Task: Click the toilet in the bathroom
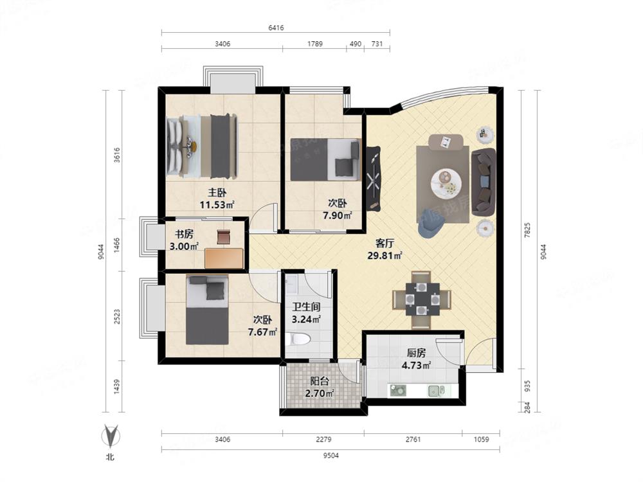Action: (x=298, y=339)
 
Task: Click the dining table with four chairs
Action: (x=422, y=299)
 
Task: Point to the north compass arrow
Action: (x=110, y=435)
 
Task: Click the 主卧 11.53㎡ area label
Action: (x=217, y=199)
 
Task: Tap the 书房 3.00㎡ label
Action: (x=184, y=240)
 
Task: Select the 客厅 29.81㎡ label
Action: (x=385, y=249)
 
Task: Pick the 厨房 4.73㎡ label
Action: (x=416, y=359)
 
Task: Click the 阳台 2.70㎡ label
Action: (x=319, y=388)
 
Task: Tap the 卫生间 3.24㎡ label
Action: (x=306, y=313)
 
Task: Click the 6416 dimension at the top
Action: (x=276, y=28)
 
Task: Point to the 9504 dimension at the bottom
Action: (x=331, y=455)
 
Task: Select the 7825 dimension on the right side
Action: (x=527, y=230)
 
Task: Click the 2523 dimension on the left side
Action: (x=117, y=317)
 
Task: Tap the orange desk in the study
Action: (x=224, y=258)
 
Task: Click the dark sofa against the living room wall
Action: (x=484, y=183)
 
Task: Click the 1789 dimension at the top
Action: (x=315, y=44)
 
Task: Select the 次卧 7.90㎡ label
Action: (x=337, y=209)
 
